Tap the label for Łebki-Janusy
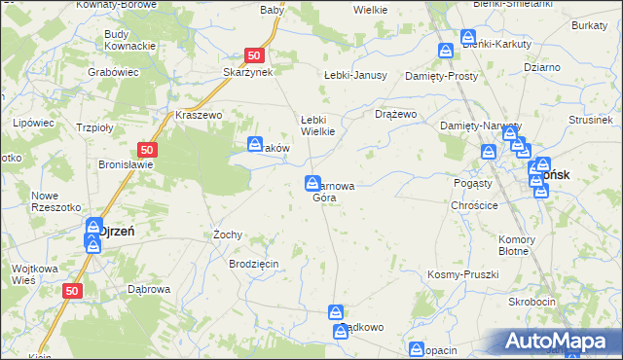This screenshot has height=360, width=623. tap(355, 75)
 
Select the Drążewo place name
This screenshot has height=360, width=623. tap(396, 114)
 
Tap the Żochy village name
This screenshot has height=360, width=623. tap(227, 234)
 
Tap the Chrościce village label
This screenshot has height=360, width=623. tap(475, 205)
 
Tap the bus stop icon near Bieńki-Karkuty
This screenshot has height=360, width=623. tap(446, 51)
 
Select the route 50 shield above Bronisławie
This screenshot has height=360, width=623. tap(147, 150)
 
